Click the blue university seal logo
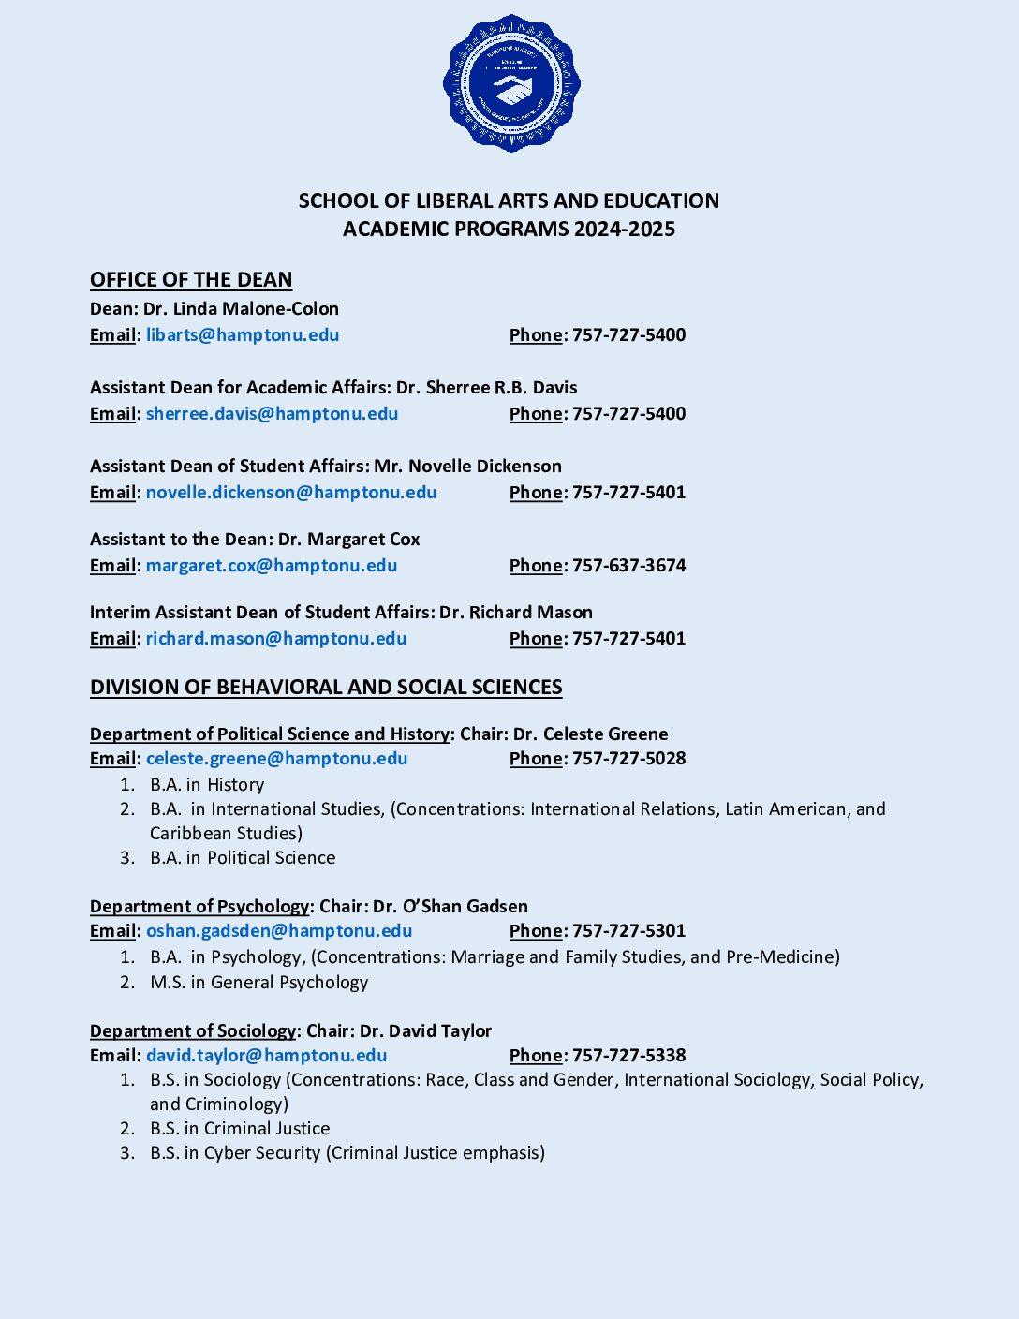tap(511, 82)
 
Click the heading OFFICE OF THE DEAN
tap(191, 280)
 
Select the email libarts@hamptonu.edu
tap(243, 335)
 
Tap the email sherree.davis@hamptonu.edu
tap(272, 414)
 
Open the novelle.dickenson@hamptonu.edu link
tap(291, 493)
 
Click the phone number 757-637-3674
tap(628, 566)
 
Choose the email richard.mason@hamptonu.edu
tap(276, 639)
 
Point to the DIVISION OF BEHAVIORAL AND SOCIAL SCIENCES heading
tap(326, 688)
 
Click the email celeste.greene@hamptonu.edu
tap(276, 759)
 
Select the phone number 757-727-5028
tap(628, 759)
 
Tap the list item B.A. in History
tap(207, 785)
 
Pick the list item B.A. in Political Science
tap(243, 858)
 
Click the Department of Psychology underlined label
tap(199, 907)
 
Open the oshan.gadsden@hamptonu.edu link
tap(279, 931)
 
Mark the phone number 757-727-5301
tap(628, 931)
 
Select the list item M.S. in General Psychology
tap(258, 983)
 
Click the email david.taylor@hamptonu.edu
tap(266, 1056)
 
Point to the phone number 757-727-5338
tap(628, 1056)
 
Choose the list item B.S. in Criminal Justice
tap(240, 1129)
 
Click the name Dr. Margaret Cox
tap(348, 540)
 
